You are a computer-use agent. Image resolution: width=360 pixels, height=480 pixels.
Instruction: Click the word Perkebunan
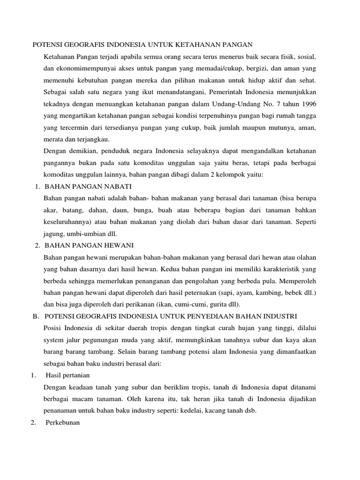click(x=63, y=422)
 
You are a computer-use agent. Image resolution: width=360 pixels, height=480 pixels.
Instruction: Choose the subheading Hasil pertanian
click(x=67, y=375)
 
